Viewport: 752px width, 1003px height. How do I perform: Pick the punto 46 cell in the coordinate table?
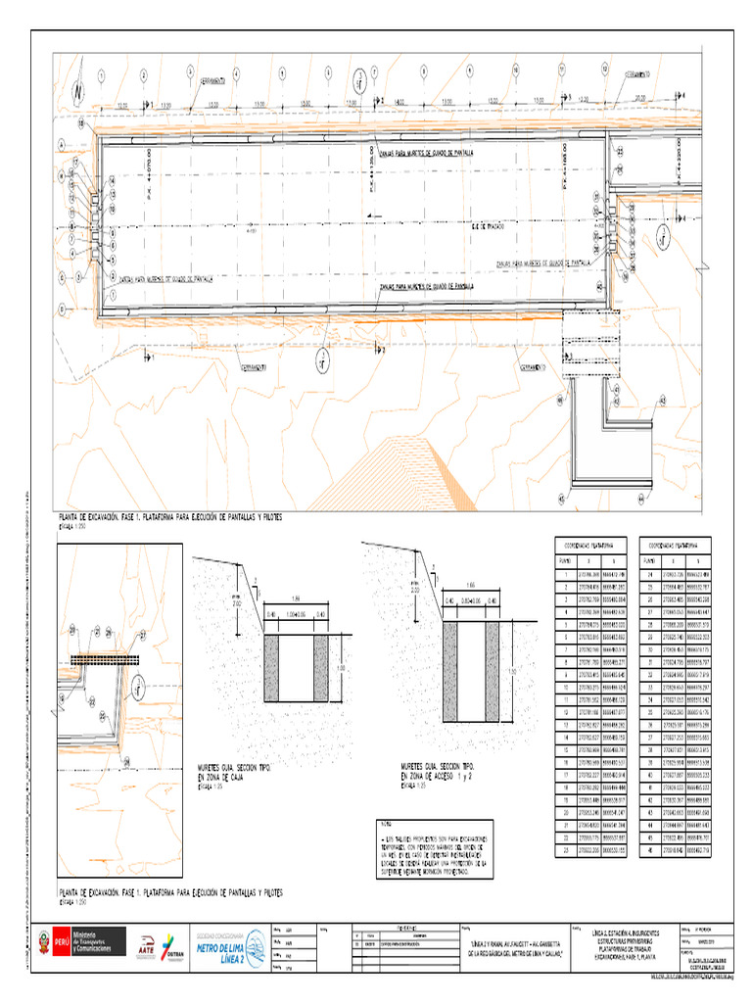click(646, 850)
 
